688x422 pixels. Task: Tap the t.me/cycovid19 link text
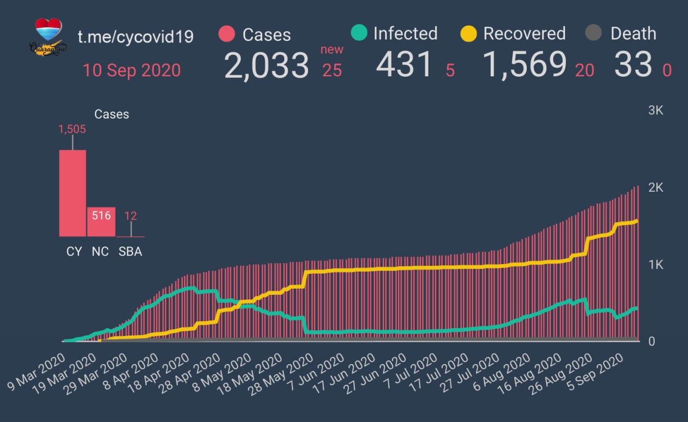coord(135,37)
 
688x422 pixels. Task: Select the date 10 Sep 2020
coord(132,70)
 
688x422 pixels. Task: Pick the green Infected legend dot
coord(358,33)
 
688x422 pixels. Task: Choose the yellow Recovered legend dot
coord(469,34)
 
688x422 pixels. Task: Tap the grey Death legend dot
coord(593,34)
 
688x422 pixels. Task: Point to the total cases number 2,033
coord(266,66)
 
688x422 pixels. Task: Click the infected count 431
coord(404,66)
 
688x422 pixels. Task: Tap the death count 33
coord(633,66)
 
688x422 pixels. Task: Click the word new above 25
coord(332,50)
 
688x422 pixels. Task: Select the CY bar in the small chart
coord(73,193)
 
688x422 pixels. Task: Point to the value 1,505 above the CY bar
coord(73,129)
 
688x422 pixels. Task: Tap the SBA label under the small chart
coord(130,251)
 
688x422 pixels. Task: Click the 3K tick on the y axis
coord(656,111)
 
